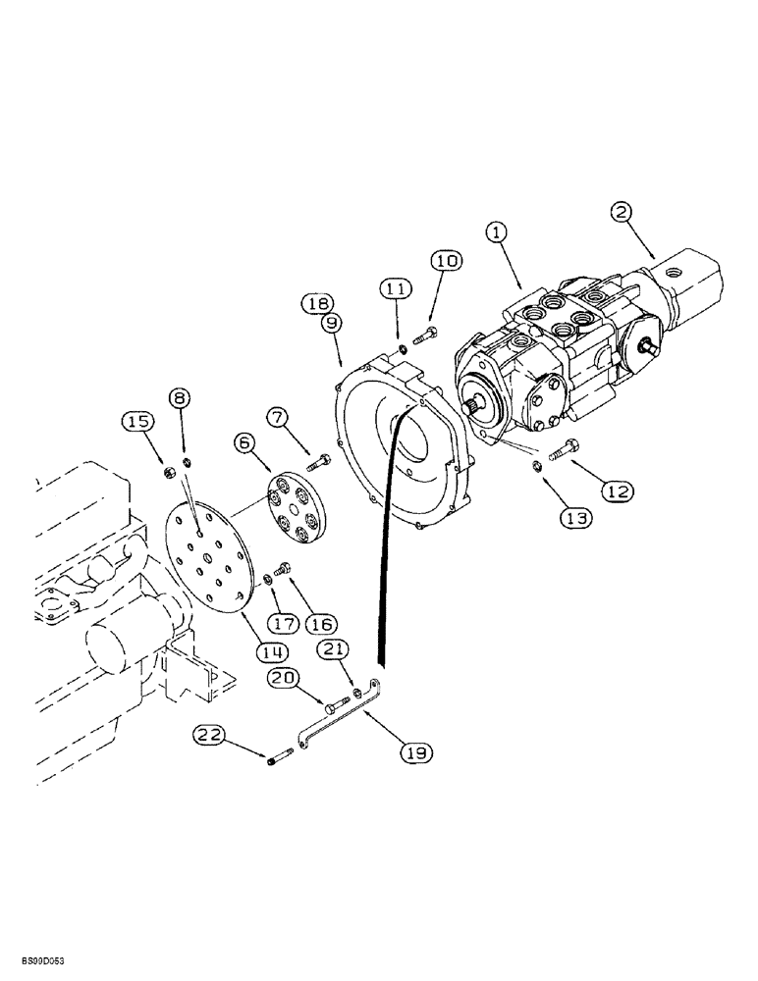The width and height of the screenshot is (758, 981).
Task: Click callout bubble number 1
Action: pyautogui.click(x=497, y=232)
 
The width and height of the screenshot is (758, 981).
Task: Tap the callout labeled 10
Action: pyautogui.click(x=444, y=261)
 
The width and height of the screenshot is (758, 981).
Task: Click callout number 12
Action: pyautogui.click(x=616, y=491)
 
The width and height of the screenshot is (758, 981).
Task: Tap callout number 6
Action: pyautogui.click(x=244, y=443)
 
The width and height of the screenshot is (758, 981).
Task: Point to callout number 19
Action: pyautogui.click(x=415, y=752)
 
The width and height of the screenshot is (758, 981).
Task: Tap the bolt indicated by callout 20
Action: pyautogui.click(x=336, y=702)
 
